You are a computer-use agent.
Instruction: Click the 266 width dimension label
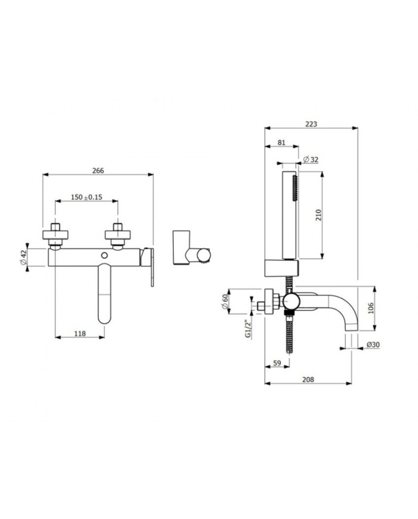tap(98, 170)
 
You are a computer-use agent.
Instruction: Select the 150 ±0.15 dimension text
tap(87, 197)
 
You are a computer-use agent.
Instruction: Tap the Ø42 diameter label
tap(23, 257)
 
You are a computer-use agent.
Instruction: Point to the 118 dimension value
tap(80, 333)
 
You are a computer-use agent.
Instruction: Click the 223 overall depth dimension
tap(311, 124)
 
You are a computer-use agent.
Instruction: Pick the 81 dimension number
tap(281, 142)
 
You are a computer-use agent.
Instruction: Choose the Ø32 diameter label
tap(311, 159)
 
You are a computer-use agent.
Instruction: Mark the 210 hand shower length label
tap(318, 216)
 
